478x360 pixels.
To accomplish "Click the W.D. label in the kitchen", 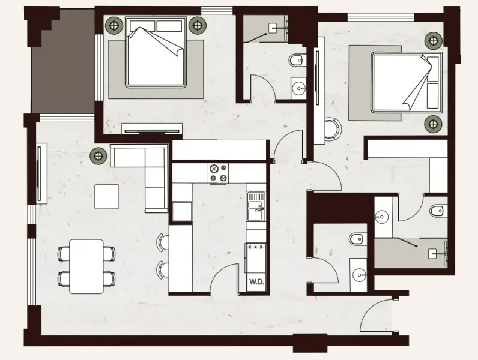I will point(255,280).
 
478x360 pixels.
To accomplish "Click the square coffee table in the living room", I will point(106,196).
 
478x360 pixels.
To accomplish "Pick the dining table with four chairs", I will point(86,266).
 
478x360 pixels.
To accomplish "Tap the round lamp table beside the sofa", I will point(97,156).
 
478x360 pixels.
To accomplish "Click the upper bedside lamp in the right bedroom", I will point(432,41).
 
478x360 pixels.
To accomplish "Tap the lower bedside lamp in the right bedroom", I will point(432,124).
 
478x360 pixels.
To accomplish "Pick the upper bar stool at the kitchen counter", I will point(162,242).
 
